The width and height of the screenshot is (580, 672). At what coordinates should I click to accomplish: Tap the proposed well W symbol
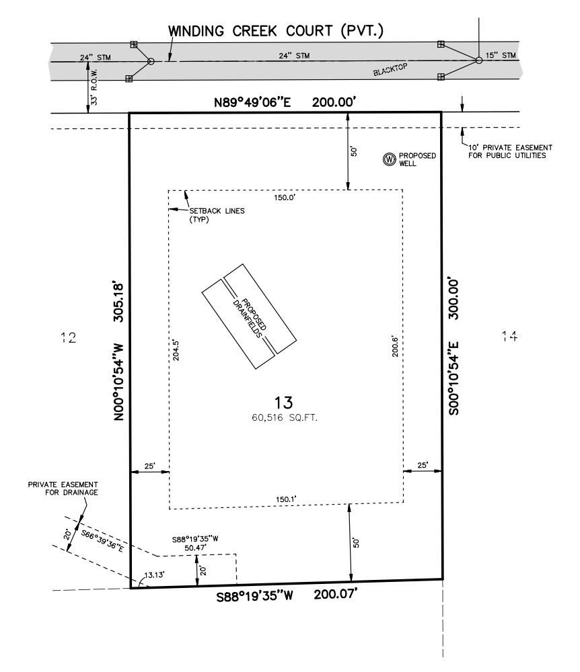pos(389,159)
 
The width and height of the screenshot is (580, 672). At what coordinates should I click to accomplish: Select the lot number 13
pos(283,403)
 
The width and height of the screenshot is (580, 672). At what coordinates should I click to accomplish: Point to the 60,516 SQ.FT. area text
pos(285,417)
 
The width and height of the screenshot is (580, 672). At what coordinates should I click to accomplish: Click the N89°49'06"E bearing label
pos(252,103)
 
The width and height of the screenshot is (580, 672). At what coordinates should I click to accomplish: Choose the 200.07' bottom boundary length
pos(336,595)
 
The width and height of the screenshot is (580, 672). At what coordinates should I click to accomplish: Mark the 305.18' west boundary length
pos(118,302)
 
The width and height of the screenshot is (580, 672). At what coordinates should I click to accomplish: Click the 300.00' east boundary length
pos(454,300)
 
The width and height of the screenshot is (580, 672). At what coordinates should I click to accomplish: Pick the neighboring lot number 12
pos(69,338)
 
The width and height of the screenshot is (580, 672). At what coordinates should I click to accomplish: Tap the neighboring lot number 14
pos(509,337)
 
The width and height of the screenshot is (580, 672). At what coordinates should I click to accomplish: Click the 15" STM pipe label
pos(501,55)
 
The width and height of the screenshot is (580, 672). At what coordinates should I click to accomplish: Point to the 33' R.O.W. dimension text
pos(95,87)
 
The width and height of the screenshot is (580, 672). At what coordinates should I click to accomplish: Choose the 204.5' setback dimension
pos(176,350)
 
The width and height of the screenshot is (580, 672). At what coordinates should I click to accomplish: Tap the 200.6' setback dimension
pos(395,346)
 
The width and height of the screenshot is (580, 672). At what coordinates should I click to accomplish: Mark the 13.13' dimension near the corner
pos(154,575)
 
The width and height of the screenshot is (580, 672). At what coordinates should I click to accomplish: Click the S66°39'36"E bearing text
pos(102,541)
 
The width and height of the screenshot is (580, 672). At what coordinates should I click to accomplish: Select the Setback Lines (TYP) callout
pos(217,215)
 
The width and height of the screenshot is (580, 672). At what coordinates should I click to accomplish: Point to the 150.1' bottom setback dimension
pos(286,499)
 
